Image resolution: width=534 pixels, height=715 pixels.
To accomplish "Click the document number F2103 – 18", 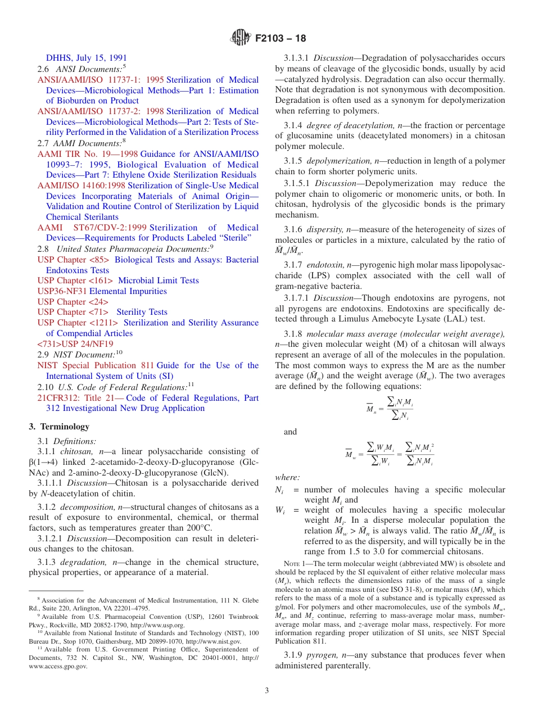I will (280, 38).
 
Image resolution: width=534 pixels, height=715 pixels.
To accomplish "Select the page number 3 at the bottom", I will (267, 690).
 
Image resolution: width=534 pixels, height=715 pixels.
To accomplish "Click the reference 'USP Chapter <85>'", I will (73, 260).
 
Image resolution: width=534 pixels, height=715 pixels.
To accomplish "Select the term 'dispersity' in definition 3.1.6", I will (325, 229).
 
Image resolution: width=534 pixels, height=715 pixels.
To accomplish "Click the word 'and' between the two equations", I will (290, 432).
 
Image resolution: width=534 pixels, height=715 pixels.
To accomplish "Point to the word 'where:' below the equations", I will (287, 477).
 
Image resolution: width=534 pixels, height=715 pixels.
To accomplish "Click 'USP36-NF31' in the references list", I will (62, 291).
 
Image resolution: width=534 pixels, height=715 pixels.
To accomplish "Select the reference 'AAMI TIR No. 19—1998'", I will (88, 154).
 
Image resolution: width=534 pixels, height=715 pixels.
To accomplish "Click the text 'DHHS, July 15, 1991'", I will (86, 57).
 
